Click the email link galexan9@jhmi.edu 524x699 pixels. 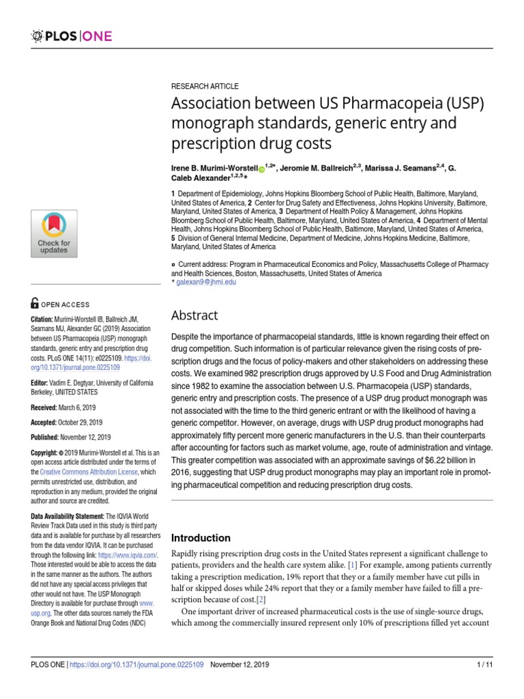206,282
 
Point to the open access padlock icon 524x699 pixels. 35,304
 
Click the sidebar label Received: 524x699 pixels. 46,408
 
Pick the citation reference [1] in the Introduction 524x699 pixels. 353,565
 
